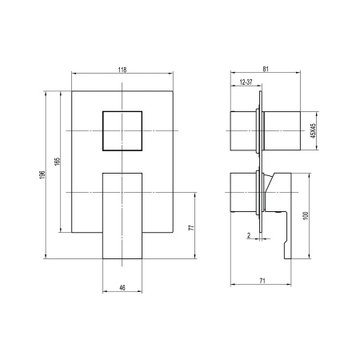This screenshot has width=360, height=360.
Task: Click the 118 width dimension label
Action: [122, 70]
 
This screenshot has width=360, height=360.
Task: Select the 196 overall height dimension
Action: [42, 175]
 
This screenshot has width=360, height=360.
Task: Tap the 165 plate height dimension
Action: [58, 162]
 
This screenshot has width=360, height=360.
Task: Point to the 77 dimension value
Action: [191, 227]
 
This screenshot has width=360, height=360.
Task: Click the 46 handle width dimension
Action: [122, 288]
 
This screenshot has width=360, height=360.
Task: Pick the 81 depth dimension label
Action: [266, 69]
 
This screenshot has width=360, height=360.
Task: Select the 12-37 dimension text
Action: [246, 82]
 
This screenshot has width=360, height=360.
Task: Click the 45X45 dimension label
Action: [314, 130]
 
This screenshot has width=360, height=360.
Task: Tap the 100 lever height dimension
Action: [306, 216]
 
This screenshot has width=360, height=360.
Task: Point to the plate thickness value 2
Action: [249, 235]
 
